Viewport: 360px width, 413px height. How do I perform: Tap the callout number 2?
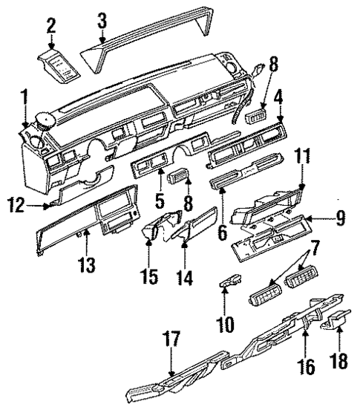50,26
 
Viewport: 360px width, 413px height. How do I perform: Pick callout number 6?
222,231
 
